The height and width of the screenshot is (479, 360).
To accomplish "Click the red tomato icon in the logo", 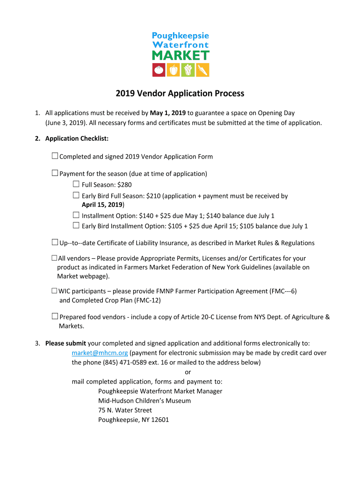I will pos(159,70).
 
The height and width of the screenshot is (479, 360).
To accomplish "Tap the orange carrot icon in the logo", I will pos(202,70).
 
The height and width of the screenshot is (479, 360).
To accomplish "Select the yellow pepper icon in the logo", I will pos(173,70).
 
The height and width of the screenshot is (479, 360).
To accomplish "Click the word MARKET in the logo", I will pos(180,55).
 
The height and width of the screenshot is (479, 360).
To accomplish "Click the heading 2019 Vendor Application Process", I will pos(180,94).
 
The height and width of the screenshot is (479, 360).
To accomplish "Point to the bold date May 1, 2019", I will pos(168,113).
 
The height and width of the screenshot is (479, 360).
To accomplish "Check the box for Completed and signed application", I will pos(55,156).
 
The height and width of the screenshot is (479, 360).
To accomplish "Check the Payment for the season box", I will pos(55,173).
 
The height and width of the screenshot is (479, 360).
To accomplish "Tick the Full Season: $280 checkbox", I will pos(76,184).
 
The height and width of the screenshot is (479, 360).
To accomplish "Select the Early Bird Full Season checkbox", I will pos(76,196).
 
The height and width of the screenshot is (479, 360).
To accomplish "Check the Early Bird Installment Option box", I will pos(76,225).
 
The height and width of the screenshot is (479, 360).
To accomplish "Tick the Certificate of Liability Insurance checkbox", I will pos(55,242).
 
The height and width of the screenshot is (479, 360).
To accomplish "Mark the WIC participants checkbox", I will pos(54,290).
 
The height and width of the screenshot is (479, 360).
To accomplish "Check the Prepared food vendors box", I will pos(55,317).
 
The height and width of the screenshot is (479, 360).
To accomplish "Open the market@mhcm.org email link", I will pos(100,353).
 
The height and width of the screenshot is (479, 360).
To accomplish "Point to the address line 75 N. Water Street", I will pos(125,410).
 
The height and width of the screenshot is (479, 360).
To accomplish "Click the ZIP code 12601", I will pos(160,420).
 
